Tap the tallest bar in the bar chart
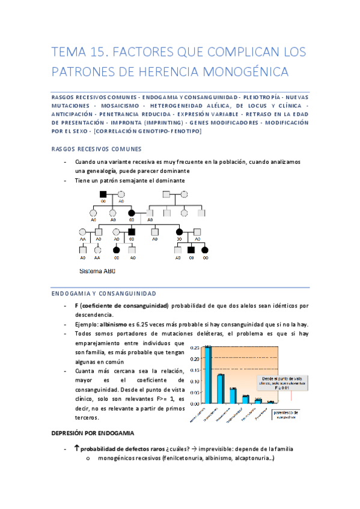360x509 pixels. pos(207,376)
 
